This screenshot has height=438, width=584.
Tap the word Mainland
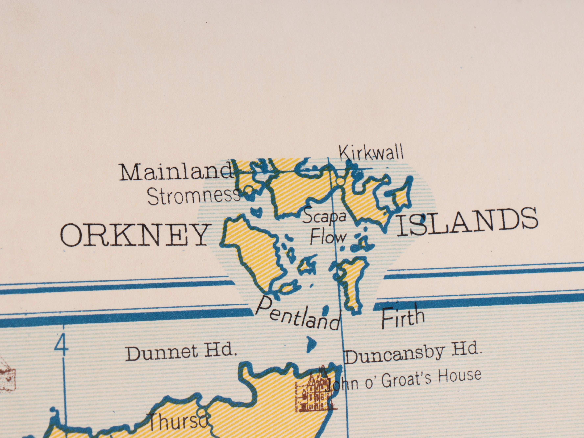click(x=176, y=172)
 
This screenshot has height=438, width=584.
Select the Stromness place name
click(x=193, y=197)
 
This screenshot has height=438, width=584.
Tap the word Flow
click(x=327, y=237)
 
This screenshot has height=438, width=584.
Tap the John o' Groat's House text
click(x=404, y=380)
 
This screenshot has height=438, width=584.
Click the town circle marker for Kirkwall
click(x=341, y=182)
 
